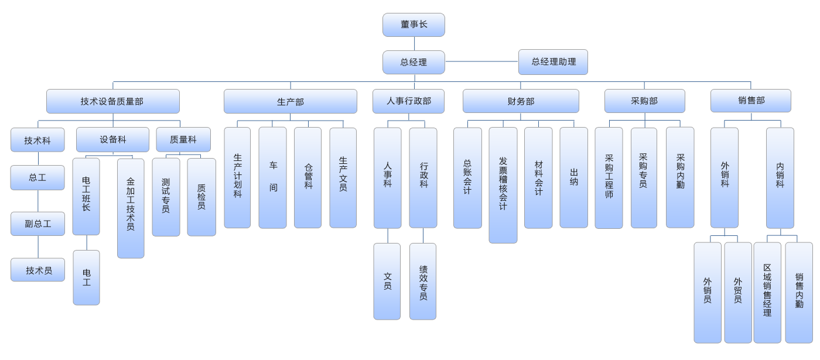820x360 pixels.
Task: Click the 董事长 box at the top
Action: click(x=414, y=25)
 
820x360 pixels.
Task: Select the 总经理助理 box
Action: click(x=553, y=62)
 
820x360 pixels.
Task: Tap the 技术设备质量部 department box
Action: click(x=112, y=101)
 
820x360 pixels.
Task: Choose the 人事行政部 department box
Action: click(x=408, y=101)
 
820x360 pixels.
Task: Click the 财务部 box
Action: click(x=521, y=101)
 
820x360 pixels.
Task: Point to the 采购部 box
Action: click(x=644, y=101)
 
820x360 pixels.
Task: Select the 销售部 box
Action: click(x=751, y=101)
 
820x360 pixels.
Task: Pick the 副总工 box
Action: click(x=37, y=224)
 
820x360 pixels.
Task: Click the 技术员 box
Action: click(x=38, y=270)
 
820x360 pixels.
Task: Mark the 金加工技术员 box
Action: click(x=131, y=208)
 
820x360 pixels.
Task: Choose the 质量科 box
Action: click(x=183, y=139)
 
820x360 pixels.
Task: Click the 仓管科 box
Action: click(x=307, y=177)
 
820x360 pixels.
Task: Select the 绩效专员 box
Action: click(x=423, y=282)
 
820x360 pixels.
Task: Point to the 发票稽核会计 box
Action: click(x=503, y=184)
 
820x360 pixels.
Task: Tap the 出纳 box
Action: click(x=573, y=177)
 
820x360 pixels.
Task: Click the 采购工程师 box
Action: click(x=609, y=177)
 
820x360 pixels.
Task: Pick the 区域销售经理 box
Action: click(x=767, y=292)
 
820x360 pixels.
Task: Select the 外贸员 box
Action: click(x=737, y=292)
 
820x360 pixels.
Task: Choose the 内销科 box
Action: click(x=780, y=177)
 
